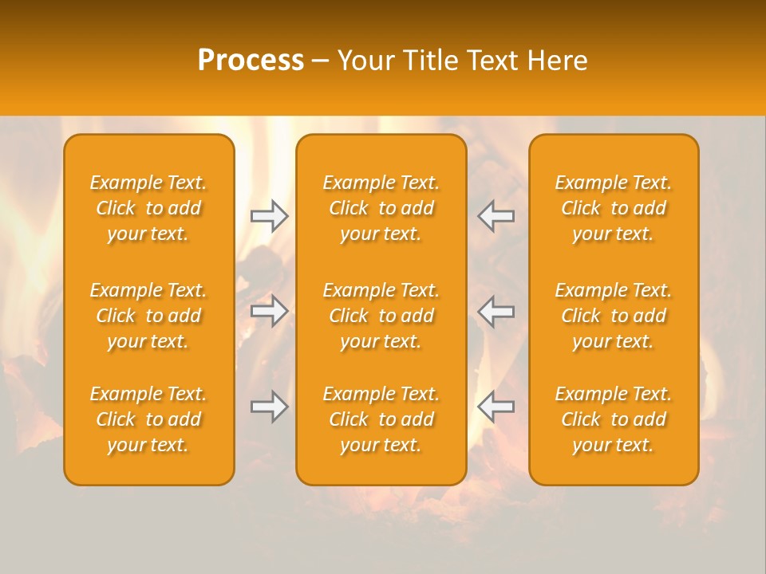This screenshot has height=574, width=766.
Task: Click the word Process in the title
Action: tap(251, 61)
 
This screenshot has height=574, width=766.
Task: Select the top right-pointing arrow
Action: tap(269, 216)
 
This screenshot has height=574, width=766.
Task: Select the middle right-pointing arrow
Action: tap(269, 311)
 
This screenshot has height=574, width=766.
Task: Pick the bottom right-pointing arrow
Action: tap(269, 407)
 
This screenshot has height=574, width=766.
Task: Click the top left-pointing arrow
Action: tap(496, 216)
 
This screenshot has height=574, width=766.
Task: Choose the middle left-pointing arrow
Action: tap(496, 311)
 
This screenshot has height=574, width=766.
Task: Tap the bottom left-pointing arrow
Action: tap(496, 407)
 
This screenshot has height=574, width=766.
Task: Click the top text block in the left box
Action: tap(148, 208)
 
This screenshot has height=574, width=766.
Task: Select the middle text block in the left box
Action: tap(148, 316)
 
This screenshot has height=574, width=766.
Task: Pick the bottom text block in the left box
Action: tap(148, 419)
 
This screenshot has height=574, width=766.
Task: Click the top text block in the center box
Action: tap(381, 208)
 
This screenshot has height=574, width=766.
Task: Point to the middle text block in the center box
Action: tap(381, 316)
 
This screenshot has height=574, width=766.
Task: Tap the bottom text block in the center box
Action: tap(381, 419)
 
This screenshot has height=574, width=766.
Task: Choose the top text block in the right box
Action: tap(613, 208)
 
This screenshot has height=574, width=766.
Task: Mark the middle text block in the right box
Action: tap(613, 316)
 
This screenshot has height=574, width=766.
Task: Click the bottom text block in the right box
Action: tap(613, 419)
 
